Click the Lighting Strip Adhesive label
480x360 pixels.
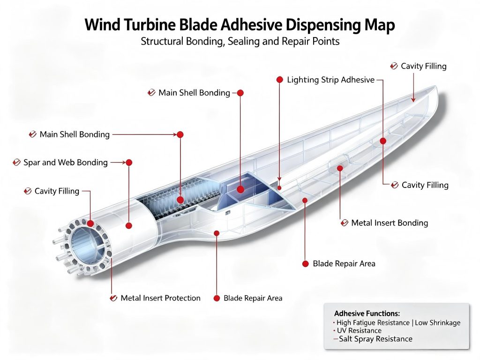(x=330, y=80)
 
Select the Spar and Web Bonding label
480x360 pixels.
(x=66, y=163)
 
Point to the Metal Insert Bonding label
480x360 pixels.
(x=390, y=223)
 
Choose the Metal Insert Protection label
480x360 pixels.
(x=160, y=298)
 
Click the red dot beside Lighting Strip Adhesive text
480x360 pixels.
(x=279, y=80)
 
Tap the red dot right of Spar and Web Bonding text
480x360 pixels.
(x=129, y=163)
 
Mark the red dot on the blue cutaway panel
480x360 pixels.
(x=240, y=189)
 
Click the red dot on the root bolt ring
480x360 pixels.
(x=90, y=224)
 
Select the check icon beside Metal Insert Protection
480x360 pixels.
(x=113, y=298)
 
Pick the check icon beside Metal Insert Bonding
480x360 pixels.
(x=345, y=223)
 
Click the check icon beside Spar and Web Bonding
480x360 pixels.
(x=16, y=162)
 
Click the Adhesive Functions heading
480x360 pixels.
(x=367, y=314)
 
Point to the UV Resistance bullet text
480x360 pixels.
(x=359, y=330)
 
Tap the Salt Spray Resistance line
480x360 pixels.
(x=375, y=339)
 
